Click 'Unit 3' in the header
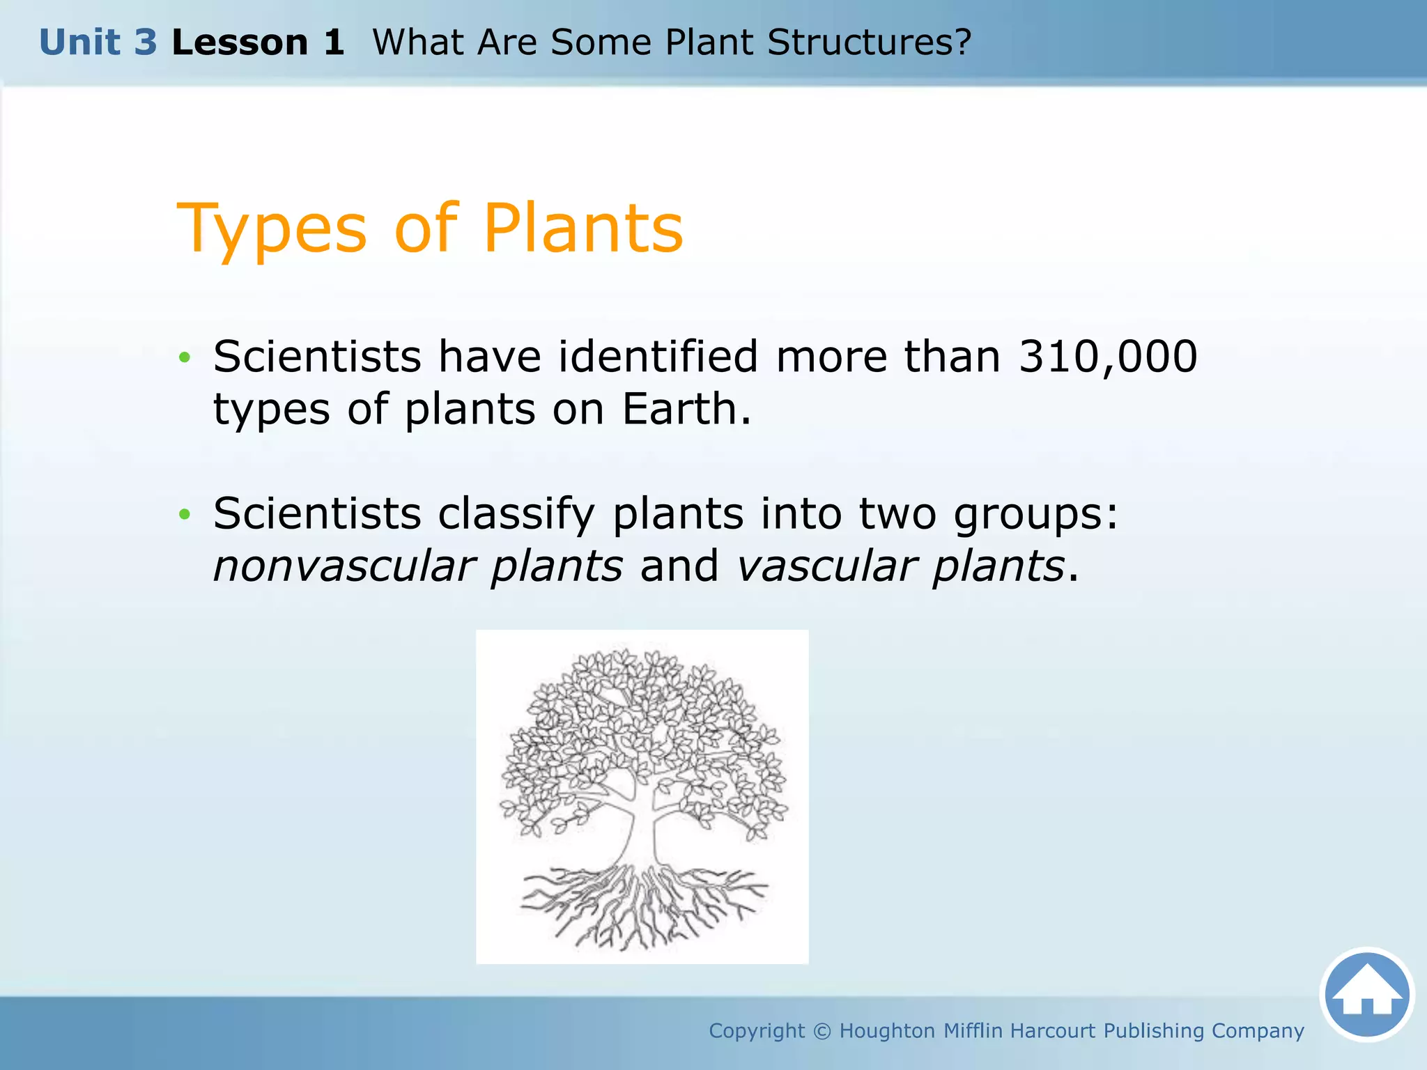(98, 42)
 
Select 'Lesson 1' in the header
(258, 42)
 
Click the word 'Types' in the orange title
(272, 230)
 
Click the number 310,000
(1108, 357)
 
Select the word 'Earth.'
(686, 409)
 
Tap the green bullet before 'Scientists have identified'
(184, 358)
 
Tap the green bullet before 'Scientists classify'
(184, 515)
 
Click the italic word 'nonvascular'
(344, 566)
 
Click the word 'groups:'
(1035, 515)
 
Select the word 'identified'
(658, 357)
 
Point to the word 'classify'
(516, 515)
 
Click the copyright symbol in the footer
(822, 1031)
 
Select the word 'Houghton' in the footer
(887, 1031)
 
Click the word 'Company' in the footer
(1258, 1031)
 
